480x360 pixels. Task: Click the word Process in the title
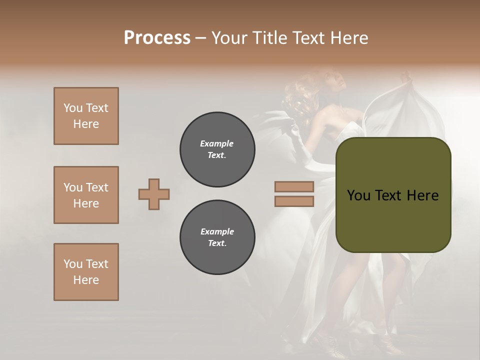(x=157, y=37)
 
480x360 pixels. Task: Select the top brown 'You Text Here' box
(x=86, y=116)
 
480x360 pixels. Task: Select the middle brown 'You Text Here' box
(x=86, y=195)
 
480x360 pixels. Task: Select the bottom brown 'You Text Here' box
(x=86, y=272)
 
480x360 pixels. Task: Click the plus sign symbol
(x=154, y=194)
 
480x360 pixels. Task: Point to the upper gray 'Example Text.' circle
(x=217, y=149)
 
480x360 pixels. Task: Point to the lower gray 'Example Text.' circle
(x=217, y=237)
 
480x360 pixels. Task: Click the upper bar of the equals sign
(x=294, y=186)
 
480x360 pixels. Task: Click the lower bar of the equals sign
(x=294, y=201)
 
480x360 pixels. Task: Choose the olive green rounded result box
(x=393, y=220)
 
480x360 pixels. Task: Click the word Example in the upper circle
(x=216, y=143)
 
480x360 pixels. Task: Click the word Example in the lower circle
(x=217, y=231)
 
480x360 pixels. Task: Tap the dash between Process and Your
(x=200, y=38)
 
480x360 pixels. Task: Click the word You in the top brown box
(x=72, y=108)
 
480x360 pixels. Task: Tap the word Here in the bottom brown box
(x=86, y=280)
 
